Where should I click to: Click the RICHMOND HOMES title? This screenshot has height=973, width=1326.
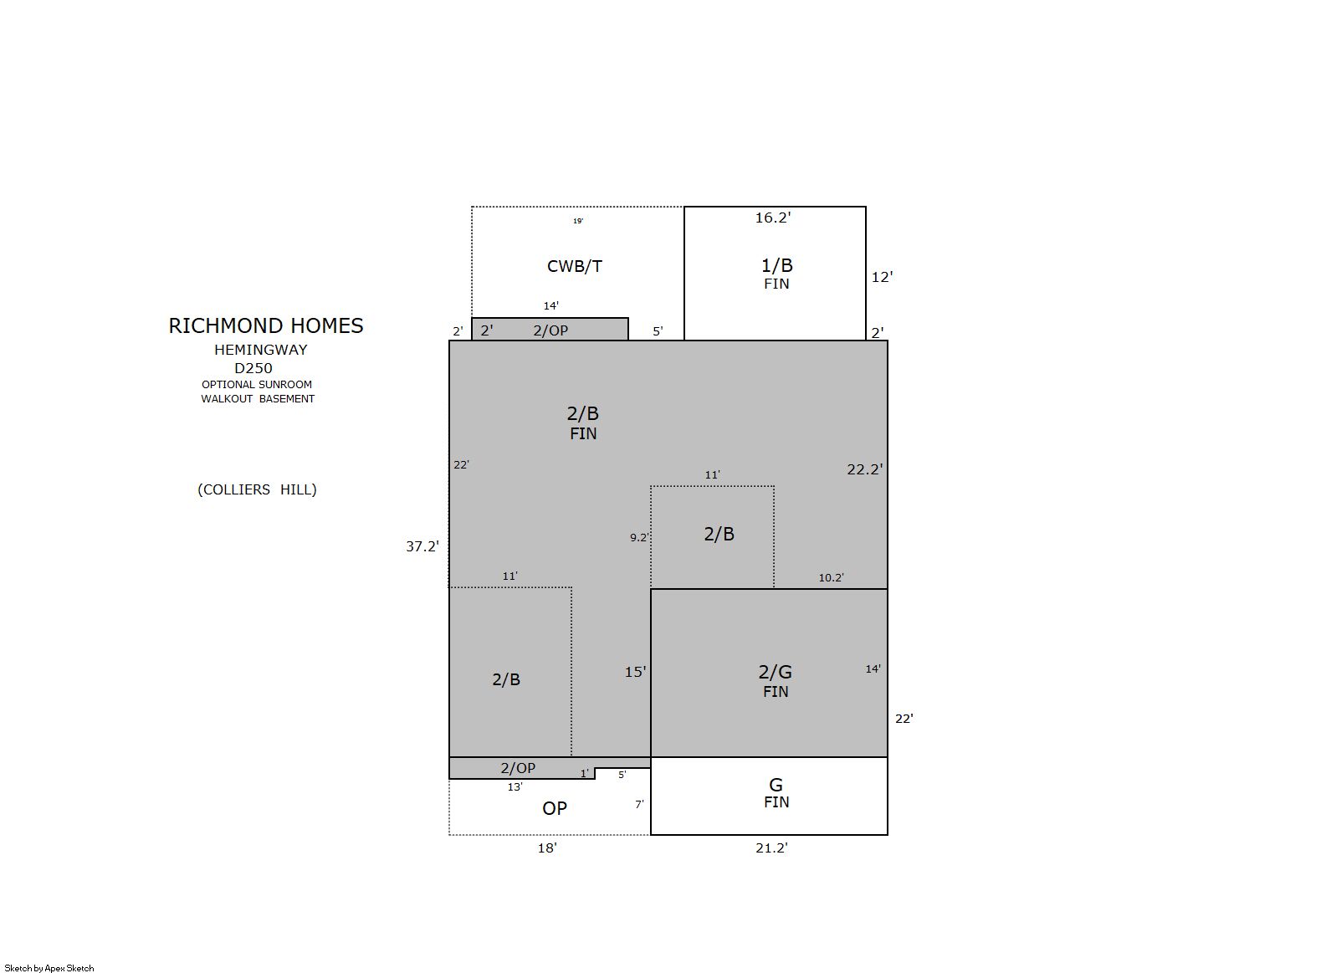click(266, 325)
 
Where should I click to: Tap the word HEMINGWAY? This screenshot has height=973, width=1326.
click(260, 350)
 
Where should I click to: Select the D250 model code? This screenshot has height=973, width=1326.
click(253, 368)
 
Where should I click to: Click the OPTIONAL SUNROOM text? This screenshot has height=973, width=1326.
click(256, 384)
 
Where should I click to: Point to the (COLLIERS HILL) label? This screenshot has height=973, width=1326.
click(257, 489)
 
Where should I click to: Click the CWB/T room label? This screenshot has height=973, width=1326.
click(574, 266)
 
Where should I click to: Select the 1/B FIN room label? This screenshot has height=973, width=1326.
click(776, 273)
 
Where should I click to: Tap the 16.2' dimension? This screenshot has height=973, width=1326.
click(772, 218)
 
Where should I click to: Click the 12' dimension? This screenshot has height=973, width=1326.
click(882, 277)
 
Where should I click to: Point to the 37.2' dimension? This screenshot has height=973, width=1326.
click(422, 546)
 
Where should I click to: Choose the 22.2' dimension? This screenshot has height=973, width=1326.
click(865, 469)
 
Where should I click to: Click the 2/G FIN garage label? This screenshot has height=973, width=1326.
click(776, 680)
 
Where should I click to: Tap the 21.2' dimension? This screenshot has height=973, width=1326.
click(771, 848)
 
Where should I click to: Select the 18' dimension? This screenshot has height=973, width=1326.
click(547, 848)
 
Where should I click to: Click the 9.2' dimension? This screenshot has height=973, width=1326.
click(639, 537)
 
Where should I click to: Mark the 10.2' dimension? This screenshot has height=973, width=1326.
click(831, 577)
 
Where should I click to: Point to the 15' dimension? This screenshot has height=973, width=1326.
click(635, 672)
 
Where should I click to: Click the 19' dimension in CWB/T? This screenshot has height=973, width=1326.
click(578, 221)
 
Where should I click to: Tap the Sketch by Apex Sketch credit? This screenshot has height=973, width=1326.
click(49, 968)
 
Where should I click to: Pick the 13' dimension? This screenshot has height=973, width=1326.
click(515, 786)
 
